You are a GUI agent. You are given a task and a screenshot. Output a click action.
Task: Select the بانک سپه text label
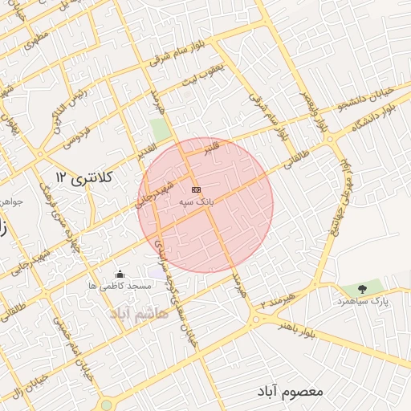pyautogui.click(x=197, y=204)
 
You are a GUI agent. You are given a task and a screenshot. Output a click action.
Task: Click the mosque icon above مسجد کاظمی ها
pyautogui.click(x=120, y=275)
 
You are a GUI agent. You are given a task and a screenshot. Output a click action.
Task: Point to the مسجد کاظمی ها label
pyautogui.click(x=120, y=286)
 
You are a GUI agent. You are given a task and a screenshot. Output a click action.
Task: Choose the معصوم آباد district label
pyautogui.click(x=290, y=391)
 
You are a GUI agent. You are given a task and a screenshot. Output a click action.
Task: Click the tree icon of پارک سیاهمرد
pyautogui.click(x=362, y=288)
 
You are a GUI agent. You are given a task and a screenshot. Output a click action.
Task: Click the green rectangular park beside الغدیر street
pyautogui.click(x=160, y=129)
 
